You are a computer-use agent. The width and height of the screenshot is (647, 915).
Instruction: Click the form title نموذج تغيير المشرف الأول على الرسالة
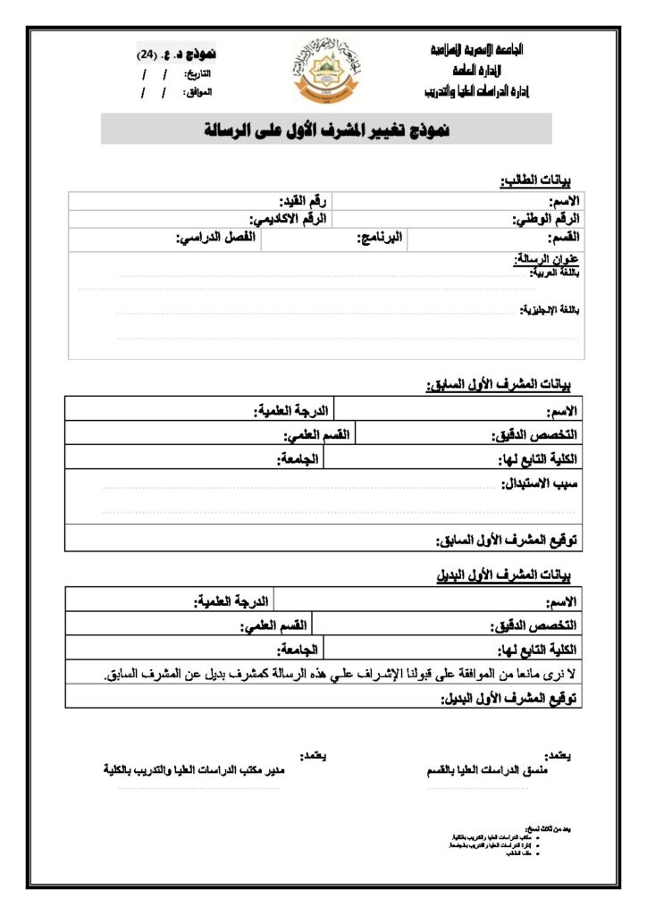(326, 130)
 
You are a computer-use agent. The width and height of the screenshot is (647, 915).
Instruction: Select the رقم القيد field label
(304, 200)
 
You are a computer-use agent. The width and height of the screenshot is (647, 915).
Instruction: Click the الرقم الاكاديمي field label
(289, 218)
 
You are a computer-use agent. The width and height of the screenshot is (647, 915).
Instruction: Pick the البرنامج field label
(380, 238)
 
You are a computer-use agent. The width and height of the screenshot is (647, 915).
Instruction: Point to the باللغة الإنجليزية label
(549, 309)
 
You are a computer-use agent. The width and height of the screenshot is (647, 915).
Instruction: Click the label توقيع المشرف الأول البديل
(510, 698)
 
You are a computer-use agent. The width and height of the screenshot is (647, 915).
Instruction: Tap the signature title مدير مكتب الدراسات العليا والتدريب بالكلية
(193, 768)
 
